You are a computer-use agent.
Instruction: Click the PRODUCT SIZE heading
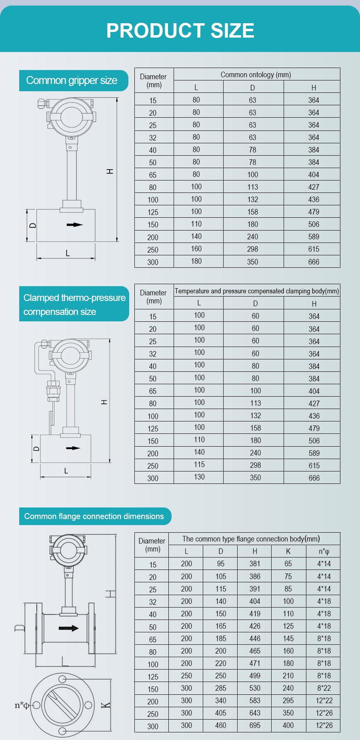point(180,31)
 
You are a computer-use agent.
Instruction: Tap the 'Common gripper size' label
point(72,80)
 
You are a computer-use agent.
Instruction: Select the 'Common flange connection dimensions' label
point(94,516)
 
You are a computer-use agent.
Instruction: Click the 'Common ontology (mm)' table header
point(256,75)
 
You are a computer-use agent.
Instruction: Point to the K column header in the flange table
point(288,551)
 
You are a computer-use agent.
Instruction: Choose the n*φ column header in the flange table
point(324,551)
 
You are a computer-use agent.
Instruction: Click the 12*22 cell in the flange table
point(324,700)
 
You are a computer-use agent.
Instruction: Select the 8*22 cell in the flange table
point(324,688)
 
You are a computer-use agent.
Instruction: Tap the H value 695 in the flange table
point(254,725)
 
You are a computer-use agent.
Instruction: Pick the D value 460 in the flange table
point(220,725)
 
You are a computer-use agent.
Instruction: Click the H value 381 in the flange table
point(254,564)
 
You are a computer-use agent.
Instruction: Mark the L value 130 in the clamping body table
point(199,477)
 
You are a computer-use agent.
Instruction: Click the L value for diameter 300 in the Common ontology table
point(196,261)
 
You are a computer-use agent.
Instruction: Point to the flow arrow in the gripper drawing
point(74,225)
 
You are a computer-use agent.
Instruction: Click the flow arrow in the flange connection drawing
point(69,628)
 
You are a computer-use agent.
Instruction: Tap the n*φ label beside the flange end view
point(22,705)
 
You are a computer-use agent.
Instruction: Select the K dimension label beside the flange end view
point(106,705)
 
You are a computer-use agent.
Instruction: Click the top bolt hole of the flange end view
point(62,679)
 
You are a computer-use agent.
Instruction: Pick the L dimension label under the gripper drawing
point(68,253)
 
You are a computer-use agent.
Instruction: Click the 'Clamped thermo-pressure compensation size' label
point(74,305)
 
